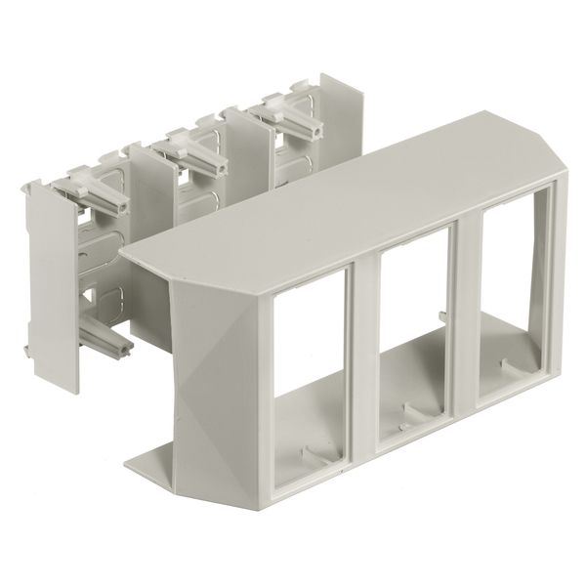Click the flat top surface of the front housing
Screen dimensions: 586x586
click(x=322, y=215)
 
